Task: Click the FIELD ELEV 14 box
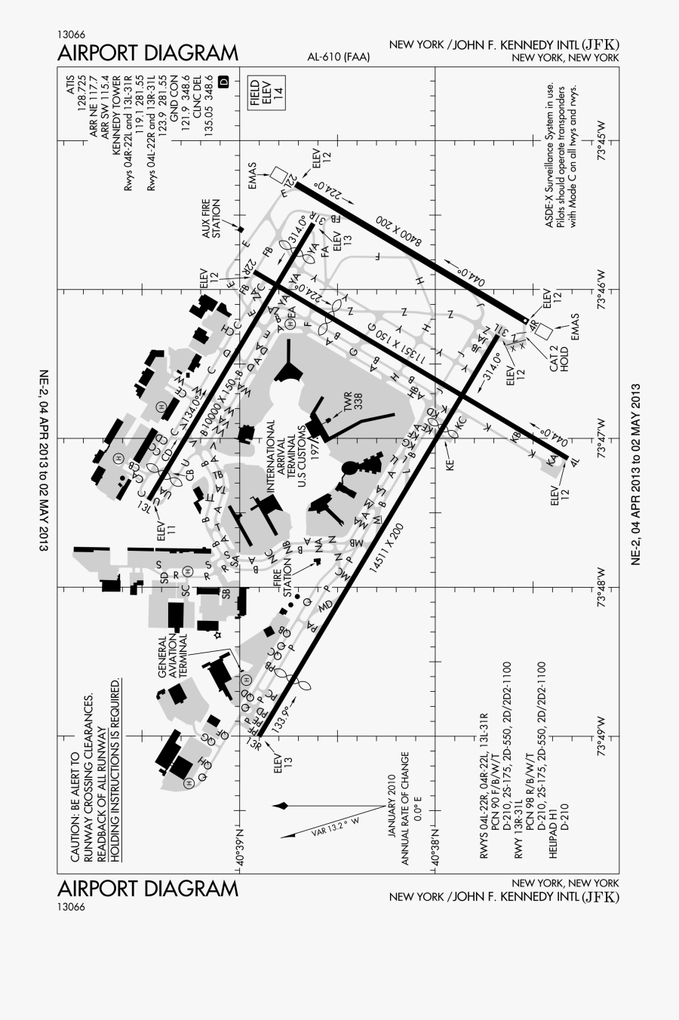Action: (x=267, y=94)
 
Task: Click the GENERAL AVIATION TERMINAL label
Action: (x=172, y=657)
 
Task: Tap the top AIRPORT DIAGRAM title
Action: (x=147, y=54)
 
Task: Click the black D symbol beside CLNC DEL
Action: (x=223, y=81)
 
